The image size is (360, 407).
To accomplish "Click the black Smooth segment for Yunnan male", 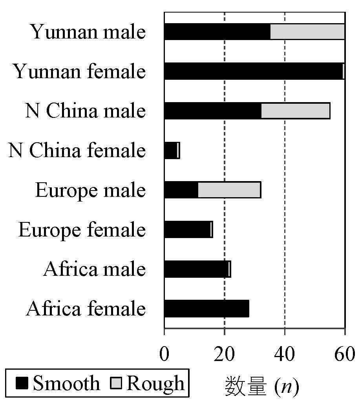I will tap(217, 32).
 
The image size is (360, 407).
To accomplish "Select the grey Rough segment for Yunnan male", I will tap(307, 32).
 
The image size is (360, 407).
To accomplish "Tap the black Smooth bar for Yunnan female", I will tap(253, 71).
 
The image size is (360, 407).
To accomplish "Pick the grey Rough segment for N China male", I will tap(295, 111).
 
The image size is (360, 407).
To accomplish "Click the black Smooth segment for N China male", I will tap(212, 111).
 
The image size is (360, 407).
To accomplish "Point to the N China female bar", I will tap(171, 150).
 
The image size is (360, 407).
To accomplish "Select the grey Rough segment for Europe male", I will tap(229, 190).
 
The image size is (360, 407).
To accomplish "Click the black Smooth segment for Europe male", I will tap(181, 190).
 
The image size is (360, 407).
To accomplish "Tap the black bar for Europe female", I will tap(187, 230).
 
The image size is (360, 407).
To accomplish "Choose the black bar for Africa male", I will tap(196, 269).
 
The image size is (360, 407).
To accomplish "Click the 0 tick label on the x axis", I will tap(164, 354).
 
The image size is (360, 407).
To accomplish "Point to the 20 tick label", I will tap(224, 354).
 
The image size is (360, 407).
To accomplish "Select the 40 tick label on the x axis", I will tap(285, 354).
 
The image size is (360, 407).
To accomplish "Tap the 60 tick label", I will tap(345, 354).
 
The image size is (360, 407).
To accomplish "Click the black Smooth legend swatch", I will tap(22, 383).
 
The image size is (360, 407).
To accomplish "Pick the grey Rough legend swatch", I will tap(120, 383).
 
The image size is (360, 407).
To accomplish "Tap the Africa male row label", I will tap(94, 269).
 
